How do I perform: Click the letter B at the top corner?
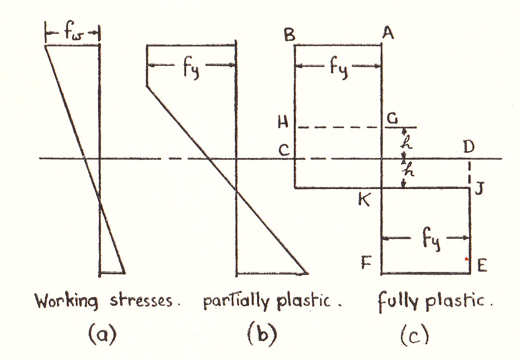point(289,34)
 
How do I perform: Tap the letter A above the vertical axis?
point(388,32)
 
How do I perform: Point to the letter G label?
point(393,118)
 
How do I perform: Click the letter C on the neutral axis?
point(284,150)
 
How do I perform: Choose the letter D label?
point(469,146)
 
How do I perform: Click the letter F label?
point(366,262)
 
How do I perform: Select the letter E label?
point(482,265)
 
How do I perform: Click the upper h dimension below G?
point(406,142)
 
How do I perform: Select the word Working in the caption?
point(67,301)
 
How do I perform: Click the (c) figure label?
point(414,335)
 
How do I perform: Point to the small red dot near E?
point(467,259)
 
